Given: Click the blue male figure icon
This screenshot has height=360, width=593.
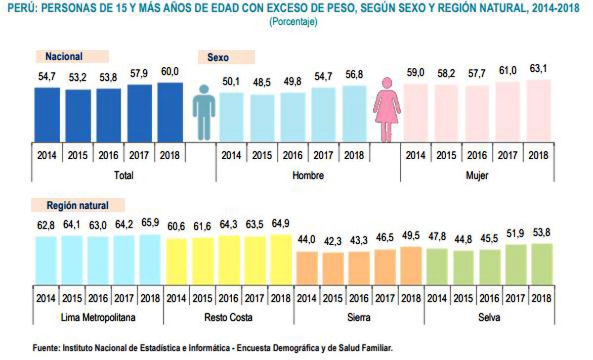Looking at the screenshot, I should [204, 112].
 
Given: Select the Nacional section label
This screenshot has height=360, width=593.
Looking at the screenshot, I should [64, 57].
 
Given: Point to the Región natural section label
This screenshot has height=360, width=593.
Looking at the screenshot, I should [78, 205].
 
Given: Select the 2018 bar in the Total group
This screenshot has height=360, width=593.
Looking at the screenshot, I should [170, 112].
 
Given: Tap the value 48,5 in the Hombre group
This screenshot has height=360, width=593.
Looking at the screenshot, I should [262, 83].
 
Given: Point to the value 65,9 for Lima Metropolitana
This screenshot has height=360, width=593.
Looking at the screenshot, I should [150, 223].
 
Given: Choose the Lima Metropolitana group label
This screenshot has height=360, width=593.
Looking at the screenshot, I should [97, 317].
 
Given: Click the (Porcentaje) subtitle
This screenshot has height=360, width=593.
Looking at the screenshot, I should [293, 22].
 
